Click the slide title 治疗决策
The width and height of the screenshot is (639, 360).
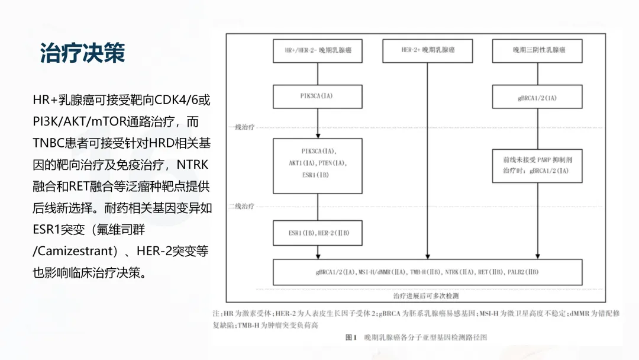coord(82,53)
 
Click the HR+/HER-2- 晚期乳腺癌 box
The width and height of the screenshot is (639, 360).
coord(318,50)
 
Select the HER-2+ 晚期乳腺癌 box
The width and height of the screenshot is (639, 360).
coord(428,50)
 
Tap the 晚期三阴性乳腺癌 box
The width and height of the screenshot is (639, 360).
coord(538,50)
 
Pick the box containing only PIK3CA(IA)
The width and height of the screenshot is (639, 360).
coord(318,96)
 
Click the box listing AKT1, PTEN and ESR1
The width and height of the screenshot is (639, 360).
coord(318,166)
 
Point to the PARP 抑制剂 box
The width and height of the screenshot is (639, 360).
coord(537,165)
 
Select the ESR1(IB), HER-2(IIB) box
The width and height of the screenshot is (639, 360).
coord(318,233)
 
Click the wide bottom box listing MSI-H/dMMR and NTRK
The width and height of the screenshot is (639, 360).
coord(427,272)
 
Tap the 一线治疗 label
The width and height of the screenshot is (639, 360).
coord(241,127)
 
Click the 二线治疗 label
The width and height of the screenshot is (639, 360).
coord(241,206)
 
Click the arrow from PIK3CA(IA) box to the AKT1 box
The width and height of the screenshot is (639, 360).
coord(318,123)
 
